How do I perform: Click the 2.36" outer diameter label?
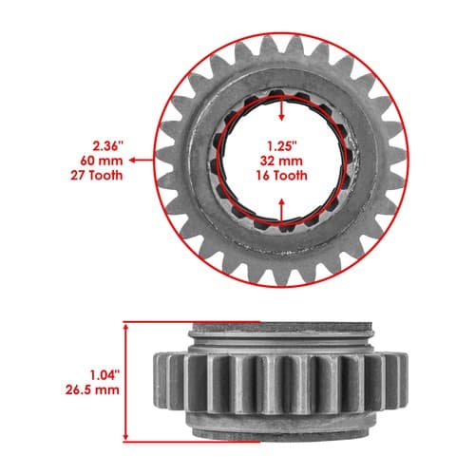tap(107, 146)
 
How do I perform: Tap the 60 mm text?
tap(102, 161)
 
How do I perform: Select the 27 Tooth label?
tap(97, 175)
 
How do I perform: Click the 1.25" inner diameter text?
tap(281, 146)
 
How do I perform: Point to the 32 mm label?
tap(281, 161)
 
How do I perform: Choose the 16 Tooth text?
tap(281, 175)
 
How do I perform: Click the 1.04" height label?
tap(105, 375)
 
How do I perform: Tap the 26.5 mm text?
tap(92, 389)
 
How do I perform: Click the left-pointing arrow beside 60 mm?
tap(142, 161)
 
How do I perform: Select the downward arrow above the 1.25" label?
tap(281, 109)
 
